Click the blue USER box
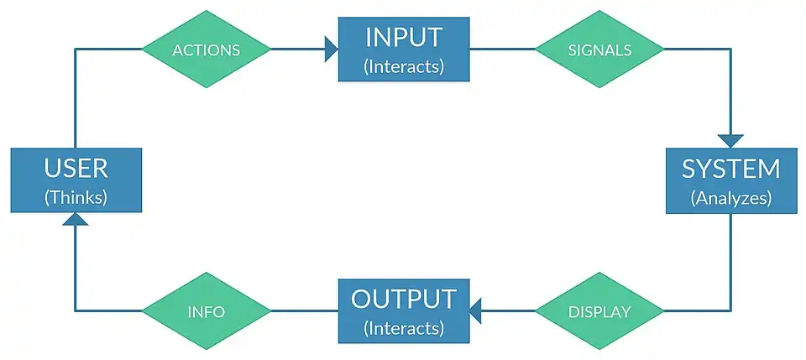(x=76, y=180)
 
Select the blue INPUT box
(x=404, y=50)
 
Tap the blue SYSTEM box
(x=731, y=180)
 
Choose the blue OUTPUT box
(x=404, y=311)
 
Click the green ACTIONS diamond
(x=207, y=50)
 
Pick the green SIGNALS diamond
(x=599, y=50)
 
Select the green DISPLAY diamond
(x=599, y=311)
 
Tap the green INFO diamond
(x=207, y=311)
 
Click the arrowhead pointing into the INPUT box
(x=332, y=50)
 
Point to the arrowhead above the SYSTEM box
(x=731, y=141)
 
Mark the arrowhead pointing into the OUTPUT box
(x=475, y=311)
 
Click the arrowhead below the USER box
(x=76, y=219)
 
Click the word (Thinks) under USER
(x=76, y=198)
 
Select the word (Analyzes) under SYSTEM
(x=731, y=198)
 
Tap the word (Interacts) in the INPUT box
(x=404, y=67)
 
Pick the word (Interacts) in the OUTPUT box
(x=404, y=328)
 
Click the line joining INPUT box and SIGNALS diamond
(x=502, y=50)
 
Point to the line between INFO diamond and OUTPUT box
(x=304, y=310)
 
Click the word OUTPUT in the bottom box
(x=404, y=300)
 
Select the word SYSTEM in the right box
(x=731, y=169)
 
